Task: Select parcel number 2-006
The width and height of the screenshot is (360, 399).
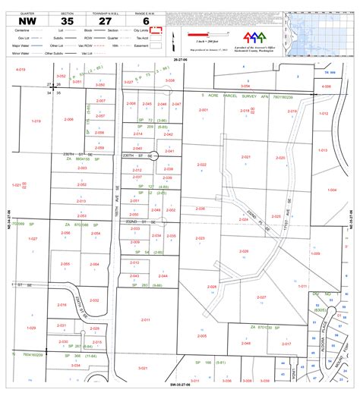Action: coord(69,119)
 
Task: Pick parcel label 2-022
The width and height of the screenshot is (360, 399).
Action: coord(201,165)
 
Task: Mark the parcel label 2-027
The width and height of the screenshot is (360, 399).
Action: coord(261,297)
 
